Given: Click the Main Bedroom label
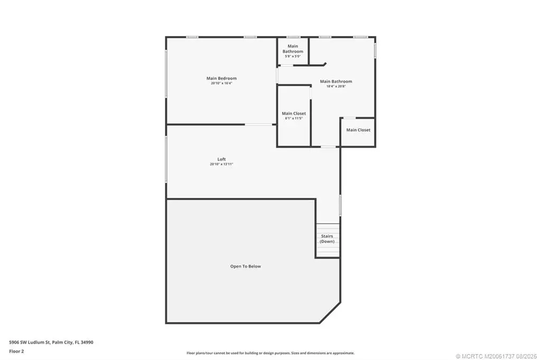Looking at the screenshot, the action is [221, 78].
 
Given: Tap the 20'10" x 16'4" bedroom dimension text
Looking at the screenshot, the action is [221, 83].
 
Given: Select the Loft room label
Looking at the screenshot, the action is [221, 159].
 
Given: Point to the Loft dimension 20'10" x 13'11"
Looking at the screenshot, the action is [221, 164].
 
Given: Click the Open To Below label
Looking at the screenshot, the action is [246, 266].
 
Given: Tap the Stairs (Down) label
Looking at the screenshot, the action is [327, 239].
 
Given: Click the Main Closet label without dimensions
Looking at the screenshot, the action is [358, 130].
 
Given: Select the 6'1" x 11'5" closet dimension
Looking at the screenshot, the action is [294, 118].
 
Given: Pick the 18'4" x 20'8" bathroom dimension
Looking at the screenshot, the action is [336, 86].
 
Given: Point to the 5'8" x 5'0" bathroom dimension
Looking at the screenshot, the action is [293, 56].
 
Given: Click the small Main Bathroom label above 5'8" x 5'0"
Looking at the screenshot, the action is [293, 49].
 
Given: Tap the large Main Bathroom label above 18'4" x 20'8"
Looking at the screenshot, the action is [336, 81].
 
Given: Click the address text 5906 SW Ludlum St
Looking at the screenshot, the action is [30, 343].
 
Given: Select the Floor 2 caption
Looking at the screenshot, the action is [16, 352].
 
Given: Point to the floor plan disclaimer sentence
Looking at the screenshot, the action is [270, 353].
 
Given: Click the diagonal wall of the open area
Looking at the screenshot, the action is [330, 313].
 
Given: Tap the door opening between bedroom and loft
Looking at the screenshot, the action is [259, 125].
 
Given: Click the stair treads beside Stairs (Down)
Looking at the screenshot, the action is [328, 240].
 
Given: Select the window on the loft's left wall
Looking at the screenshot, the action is [166, 159].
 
